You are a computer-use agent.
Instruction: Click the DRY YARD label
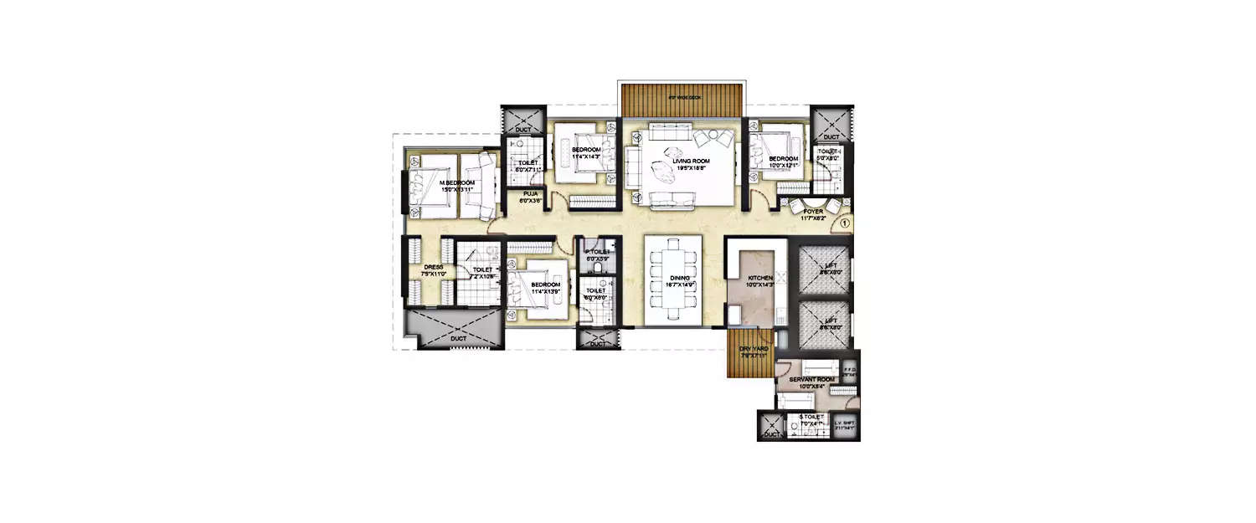[x=754, y=349]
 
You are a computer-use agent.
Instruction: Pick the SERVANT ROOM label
[x=806, y=380]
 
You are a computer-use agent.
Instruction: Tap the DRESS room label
[x=433, y=267]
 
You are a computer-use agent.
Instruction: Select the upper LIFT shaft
[x=824, y=267]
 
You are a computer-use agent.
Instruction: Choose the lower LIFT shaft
[x=824, y=322]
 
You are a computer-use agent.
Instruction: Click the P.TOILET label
[x=598, y=252]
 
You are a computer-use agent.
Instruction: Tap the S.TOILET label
[x=811, y=416]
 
